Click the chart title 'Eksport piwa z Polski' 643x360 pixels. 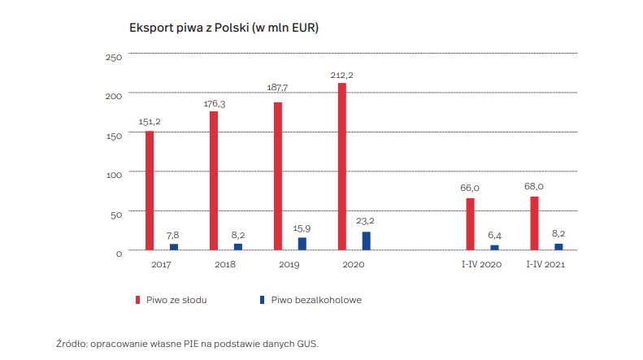[x=224, y=28]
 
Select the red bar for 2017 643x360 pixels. [x=150, y=191]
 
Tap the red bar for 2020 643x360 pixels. [x=341, y=167]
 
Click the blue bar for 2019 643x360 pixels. [x=302, y=244]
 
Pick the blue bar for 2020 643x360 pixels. [x=366, y=241]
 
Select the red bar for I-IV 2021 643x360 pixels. [x=534, y=223]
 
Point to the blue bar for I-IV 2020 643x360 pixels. [x=494, y=248]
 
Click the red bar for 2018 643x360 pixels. [x=214, y=181]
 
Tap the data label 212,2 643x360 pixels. [x=341, y=75]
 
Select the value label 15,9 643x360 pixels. [x=302, y=228]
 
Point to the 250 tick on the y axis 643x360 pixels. [x=113, y=57]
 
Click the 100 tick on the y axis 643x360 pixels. [x=113, y=175]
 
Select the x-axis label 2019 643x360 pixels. [x=289, y=265]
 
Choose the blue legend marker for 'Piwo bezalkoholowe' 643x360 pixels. [x=262, y=300]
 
